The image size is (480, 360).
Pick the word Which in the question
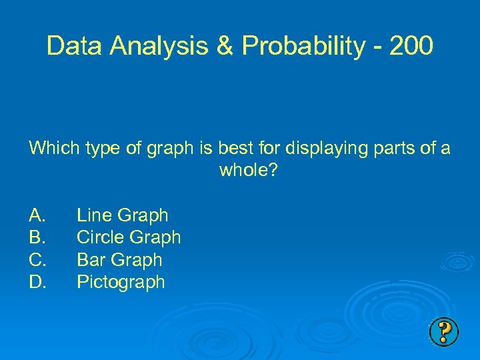[x=55, y=148]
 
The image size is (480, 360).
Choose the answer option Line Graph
[x=123, y=215]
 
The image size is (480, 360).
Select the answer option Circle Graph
[x=129, y=237]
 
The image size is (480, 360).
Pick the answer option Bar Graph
[x=119, y=259]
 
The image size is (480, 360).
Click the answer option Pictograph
[x=121, y=282]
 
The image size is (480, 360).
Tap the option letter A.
[x=37, y=215]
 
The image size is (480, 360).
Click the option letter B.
[x=37, y=237]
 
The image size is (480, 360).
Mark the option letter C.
[x=37, y=259]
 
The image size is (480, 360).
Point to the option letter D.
[x=37, y=282]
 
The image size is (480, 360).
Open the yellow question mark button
[x=444, y=331]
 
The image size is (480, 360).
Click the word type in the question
[x=106, y=148]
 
